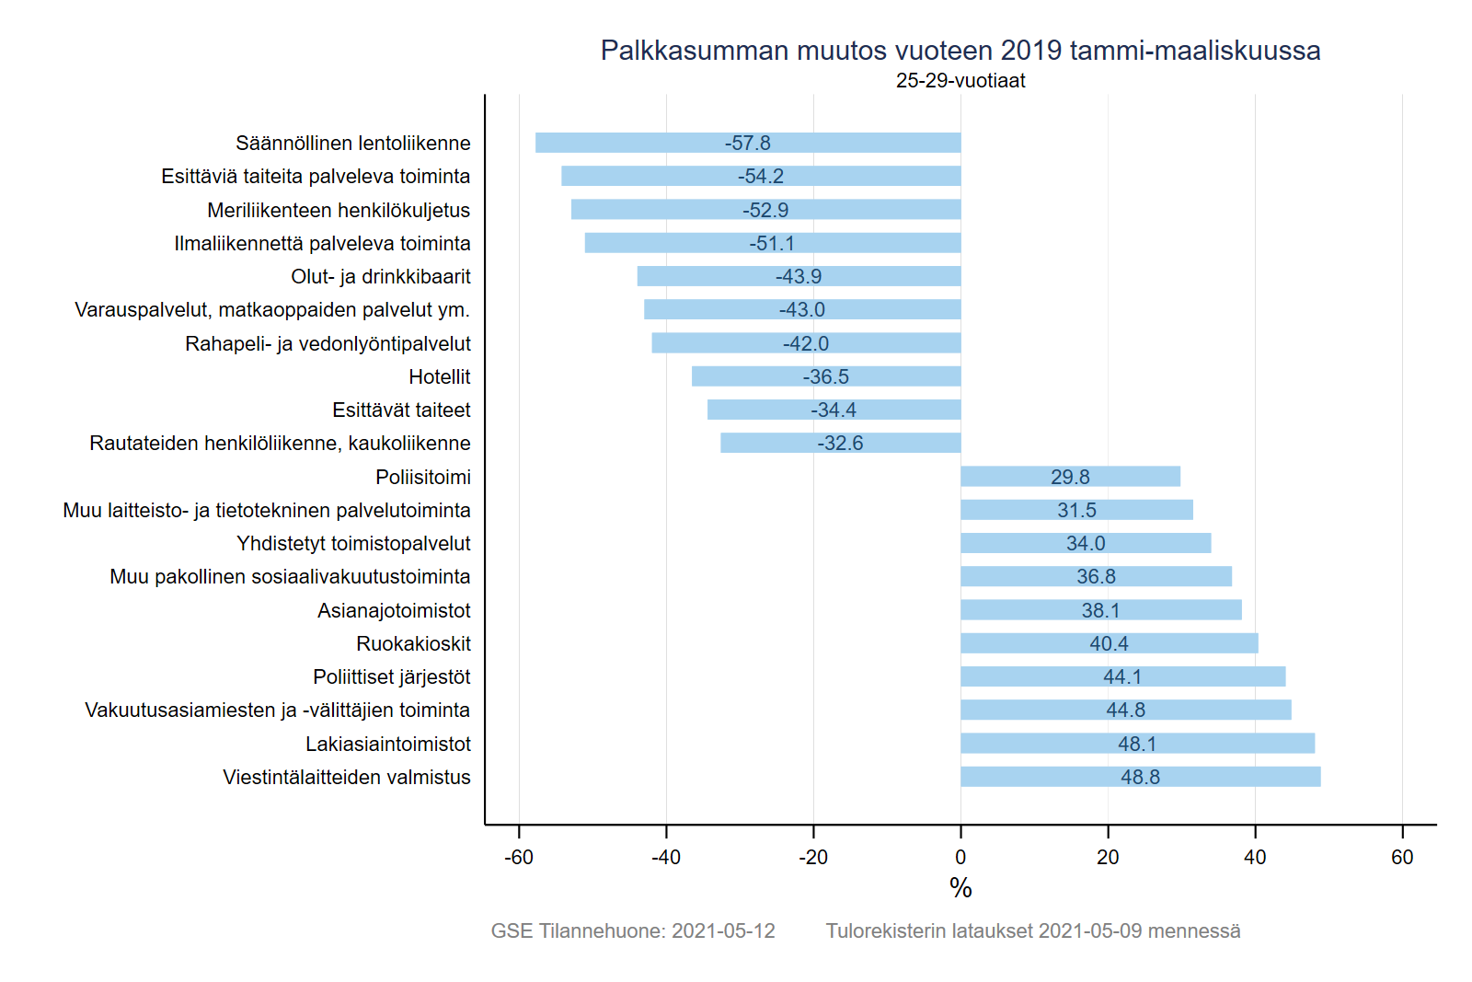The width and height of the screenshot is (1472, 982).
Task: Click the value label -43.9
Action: click(x=799, y=276)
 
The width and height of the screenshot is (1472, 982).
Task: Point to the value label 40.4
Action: click(x=1109, y=643)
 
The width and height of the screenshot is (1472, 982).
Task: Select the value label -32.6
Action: click(x=840, y=443)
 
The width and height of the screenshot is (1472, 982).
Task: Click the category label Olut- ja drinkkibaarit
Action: click(x=380, y=276)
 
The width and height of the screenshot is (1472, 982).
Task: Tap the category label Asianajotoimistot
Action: click(x=394, y=610)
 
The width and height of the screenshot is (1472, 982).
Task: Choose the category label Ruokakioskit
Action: click(x=413, y=643)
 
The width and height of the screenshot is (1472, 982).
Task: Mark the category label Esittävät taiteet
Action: click(x=401, y=410)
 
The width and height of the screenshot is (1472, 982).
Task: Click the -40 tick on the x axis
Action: click(x=666, y=857)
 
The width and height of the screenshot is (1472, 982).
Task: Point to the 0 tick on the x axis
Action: click(x=960, y=857)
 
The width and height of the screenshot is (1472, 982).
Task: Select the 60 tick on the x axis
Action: click(x=1402, y=857)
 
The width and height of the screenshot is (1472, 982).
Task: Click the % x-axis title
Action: click(x=960, y=888)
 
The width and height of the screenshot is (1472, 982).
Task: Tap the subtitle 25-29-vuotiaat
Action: click(x=960, y=81)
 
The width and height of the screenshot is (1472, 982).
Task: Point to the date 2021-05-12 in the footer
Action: click(x=723, y=930)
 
